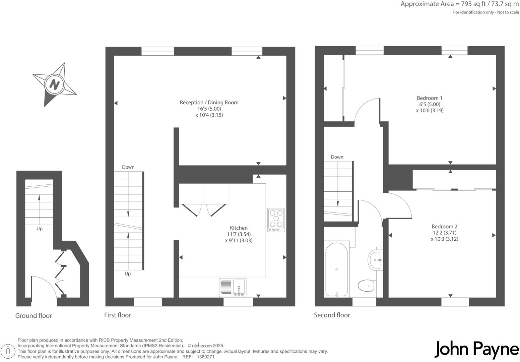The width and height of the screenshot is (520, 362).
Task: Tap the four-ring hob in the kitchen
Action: (x=276, y=220)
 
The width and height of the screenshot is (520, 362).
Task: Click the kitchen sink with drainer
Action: (x=233, y=288)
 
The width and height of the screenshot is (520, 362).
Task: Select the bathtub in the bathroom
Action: (x=336, y=269)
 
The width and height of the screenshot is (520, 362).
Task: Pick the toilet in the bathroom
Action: (x=367, y=286)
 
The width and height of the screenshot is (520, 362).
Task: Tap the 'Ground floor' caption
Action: (x=34, y=316)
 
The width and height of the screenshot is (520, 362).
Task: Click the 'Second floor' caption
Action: (x=332, y=315)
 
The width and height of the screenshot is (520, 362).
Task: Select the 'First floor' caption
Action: (x=118, y=315)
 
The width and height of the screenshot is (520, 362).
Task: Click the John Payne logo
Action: (x=477, y=349)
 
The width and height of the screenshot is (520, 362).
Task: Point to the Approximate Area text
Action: (x=459, y=4)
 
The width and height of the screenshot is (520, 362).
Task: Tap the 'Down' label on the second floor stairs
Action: (x=337, y=157)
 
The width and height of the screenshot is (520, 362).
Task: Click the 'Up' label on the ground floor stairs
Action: (x=40, y=229)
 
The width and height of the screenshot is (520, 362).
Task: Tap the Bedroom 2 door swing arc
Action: (x=400, y=204)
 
